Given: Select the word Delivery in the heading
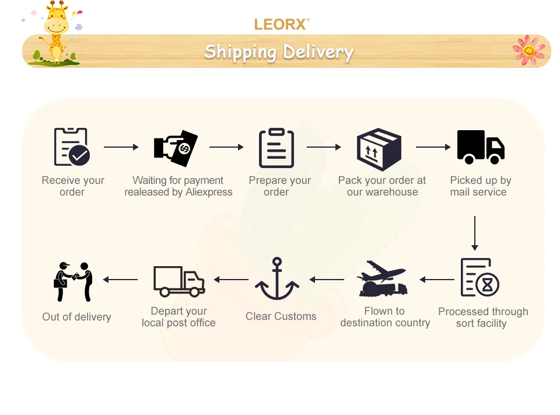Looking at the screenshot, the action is point(318,52).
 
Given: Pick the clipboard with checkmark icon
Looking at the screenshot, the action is point(72,147).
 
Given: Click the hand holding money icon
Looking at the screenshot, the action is point(176,147).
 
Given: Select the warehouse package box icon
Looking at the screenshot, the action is point(379,149).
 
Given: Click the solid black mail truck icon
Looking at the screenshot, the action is point(481,147).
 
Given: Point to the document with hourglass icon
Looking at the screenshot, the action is point(480,277).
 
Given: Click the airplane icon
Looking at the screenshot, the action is point(383,278).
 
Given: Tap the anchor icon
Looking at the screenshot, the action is point(277,279).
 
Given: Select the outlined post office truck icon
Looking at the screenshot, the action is point(178,281).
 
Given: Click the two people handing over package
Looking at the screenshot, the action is point(74,281).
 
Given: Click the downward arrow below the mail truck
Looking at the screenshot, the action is point(475,233).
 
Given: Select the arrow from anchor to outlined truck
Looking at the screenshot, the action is point(231,280).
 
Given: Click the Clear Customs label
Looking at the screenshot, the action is point(281,316).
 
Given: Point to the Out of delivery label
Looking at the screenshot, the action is point(76,317).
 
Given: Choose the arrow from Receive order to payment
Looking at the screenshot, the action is point(121,147).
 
